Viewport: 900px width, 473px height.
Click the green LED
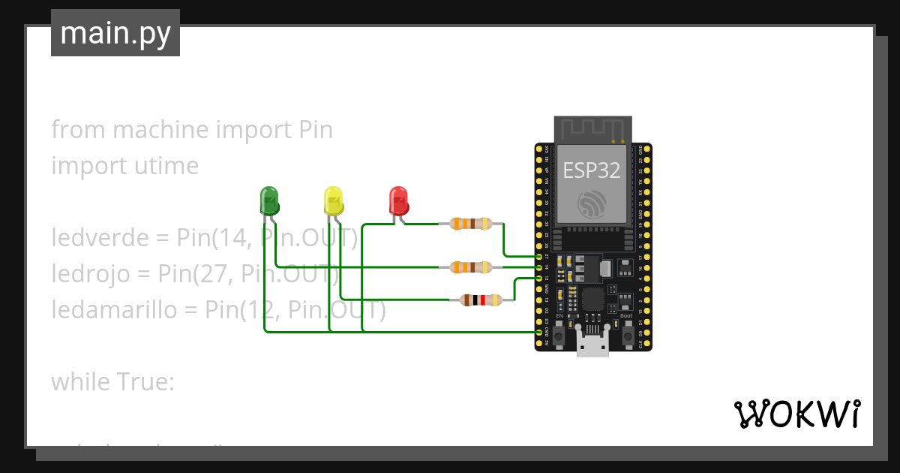[x=268, y=200]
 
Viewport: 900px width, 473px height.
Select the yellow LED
[x=333, y=200]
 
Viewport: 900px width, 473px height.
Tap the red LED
[x=397, y=200]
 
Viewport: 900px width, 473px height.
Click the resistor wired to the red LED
[x=470, y=223]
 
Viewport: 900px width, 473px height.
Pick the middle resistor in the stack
[x=470, y=267]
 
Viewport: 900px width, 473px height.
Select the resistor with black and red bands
[x=481, y=300]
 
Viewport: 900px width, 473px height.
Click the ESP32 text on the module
[x=592, y=170]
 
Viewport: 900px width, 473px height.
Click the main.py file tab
[x=115, y=33]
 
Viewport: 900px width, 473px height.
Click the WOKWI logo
[x=796, y=414]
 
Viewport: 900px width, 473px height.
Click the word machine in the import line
[x=160, y=130]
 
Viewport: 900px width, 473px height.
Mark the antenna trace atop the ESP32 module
[x=592, y=129]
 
